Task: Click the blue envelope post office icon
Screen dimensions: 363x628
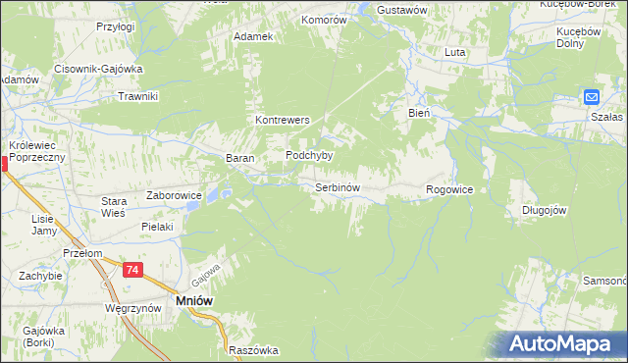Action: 591,97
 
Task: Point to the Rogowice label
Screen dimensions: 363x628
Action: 450,189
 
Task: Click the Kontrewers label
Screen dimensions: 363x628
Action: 283,120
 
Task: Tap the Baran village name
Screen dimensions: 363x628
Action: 240,158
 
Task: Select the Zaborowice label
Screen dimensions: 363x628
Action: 174,195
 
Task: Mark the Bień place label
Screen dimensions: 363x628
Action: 420,114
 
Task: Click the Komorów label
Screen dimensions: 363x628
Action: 325,19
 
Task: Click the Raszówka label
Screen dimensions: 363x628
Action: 253,350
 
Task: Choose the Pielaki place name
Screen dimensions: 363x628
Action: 157,227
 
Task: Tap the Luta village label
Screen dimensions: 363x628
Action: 454,52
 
